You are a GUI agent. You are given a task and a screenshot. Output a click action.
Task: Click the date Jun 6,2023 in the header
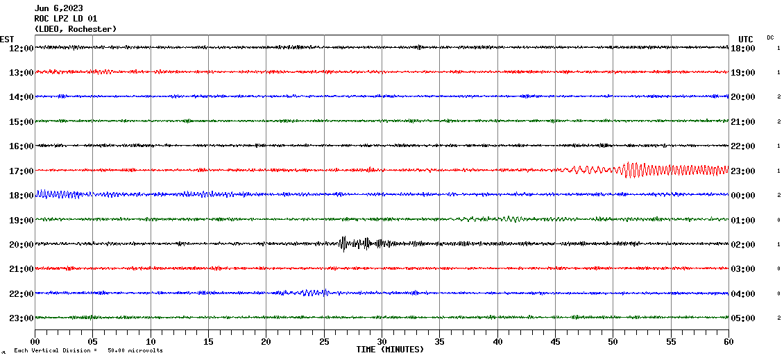(x=58, y=8)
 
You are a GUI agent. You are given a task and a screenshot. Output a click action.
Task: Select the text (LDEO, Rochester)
(x=76, y=29)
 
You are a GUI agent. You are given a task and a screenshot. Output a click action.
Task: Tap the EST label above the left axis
(x=7, y=39)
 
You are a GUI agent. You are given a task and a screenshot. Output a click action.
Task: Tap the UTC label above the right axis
(x=745, y=39)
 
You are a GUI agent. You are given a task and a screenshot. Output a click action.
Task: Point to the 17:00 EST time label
(x=21, y=171)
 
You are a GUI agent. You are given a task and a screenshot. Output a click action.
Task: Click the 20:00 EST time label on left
(x=21, y=244)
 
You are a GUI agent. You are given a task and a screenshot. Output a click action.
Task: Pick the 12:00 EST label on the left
(x=21, y=48)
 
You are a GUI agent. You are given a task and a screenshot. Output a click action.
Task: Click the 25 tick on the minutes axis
(x=324, y=342)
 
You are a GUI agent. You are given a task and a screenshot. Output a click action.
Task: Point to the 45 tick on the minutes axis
(x=555, y=342)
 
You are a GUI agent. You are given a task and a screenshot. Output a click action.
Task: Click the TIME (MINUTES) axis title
(x=390, y=350)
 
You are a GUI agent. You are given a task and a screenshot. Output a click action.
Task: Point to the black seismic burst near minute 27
(x=344, y=243)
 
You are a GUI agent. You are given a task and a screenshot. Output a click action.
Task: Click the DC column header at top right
(x=770, y=37)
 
